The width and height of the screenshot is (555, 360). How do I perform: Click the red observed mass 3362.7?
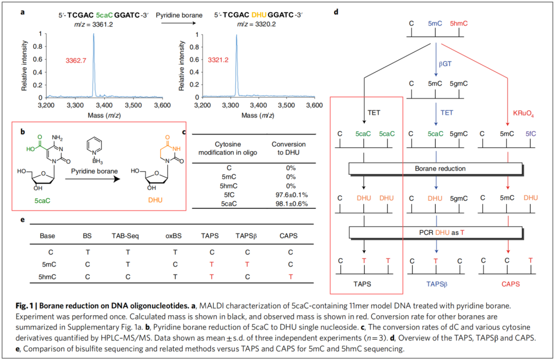point(76,61)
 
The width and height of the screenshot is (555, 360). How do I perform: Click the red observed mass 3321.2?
point(218,61)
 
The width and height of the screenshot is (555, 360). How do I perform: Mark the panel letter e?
point(22,219)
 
